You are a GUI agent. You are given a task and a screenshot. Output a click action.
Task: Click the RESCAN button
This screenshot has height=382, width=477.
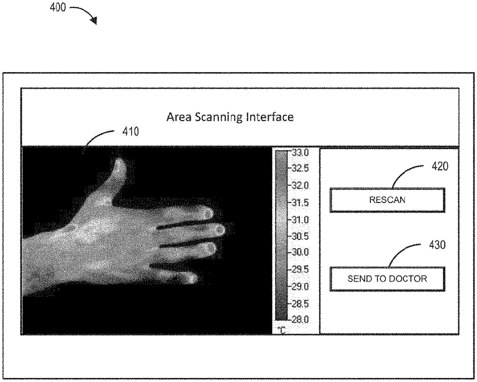[387, 200]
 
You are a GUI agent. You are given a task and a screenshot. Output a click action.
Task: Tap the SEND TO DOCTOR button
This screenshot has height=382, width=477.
[387, 278]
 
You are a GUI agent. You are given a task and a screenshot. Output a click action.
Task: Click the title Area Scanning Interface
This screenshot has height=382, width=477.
[230, 117]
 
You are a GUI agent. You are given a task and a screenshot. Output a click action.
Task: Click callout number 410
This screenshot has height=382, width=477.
[131, 132]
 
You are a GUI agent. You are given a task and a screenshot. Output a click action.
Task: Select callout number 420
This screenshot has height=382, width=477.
[440, 167]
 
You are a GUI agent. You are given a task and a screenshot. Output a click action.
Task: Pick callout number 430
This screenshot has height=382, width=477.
[437, 245]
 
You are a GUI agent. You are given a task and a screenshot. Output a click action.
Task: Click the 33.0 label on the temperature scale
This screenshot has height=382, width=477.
[300, 152]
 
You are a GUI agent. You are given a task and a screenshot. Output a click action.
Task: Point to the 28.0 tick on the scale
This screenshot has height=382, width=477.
[300, 319]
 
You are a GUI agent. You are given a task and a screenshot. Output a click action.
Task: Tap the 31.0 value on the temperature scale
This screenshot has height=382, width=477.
[300, 220]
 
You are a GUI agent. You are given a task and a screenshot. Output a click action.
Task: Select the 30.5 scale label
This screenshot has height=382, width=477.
[300, 236]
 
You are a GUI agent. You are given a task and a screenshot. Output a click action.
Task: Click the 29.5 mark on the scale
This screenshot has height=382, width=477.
[300, 270]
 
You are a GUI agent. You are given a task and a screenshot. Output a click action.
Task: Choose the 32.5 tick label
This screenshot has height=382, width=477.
[300, 169]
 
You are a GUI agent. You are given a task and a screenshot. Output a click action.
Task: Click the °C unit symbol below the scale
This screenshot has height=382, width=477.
[282, 330]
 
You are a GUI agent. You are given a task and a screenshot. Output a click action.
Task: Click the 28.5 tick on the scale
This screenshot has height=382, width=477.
[300, 304]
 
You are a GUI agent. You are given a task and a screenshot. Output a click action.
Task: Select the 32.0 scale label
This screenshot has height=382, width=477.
[300, 186]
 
